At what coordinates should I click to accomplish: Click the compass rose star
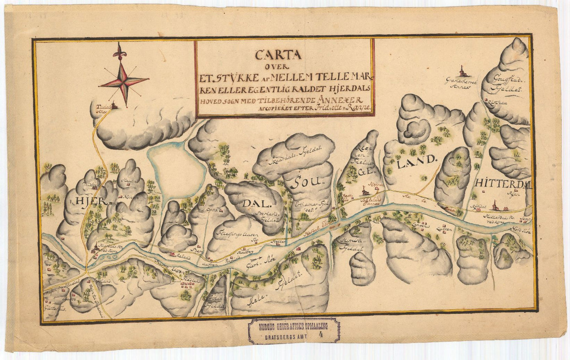[124, 82]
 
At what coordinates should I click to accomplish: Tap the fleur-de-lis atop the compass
[118, 50]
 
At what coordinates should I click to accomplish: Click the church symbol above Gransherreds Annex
[461, 72]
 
